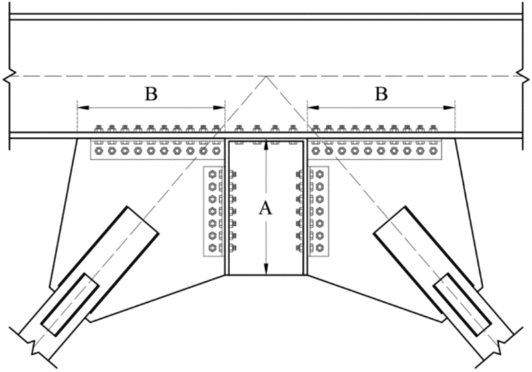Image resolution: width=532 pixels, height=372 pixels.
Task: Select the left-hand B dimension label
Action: (151, 95)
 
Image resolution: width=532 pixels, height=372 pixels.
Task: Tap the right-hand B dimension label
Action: (381, 95)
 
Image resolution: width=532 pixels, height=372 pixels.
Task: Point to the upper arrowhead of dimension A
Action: (266, 144)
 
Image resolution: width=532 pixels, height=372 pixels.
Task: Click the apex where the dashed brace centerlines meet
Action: (266, 76)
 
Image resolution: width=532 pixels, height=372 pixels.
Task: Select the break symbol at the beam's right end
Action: (523, 76)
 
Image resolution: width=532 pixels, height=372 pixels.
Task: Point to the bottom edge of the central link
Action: (266, 275)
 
